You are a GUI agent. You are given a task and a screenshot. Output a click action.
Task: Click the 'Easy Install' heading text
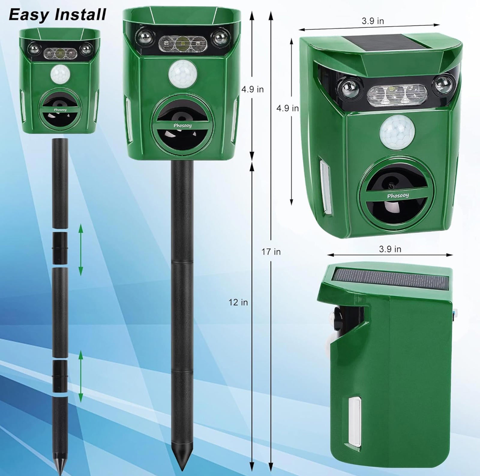57,14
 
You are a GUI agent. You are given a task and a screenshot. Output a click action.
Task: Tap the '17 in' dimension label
271,252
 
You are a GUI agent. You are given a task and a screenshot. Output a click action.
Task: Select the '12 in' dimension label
238,302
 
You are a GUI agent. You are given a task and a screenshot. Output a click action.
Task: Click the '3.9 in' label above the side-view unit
390,249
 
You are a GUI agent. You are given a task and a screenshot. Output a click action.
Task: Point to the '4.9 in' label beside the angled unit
287,108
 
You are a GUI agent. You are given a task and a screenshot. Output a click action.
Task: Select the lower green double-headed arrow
80,377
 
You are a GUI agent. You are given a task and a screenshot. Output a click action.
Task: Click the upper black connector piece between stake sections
60,248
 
